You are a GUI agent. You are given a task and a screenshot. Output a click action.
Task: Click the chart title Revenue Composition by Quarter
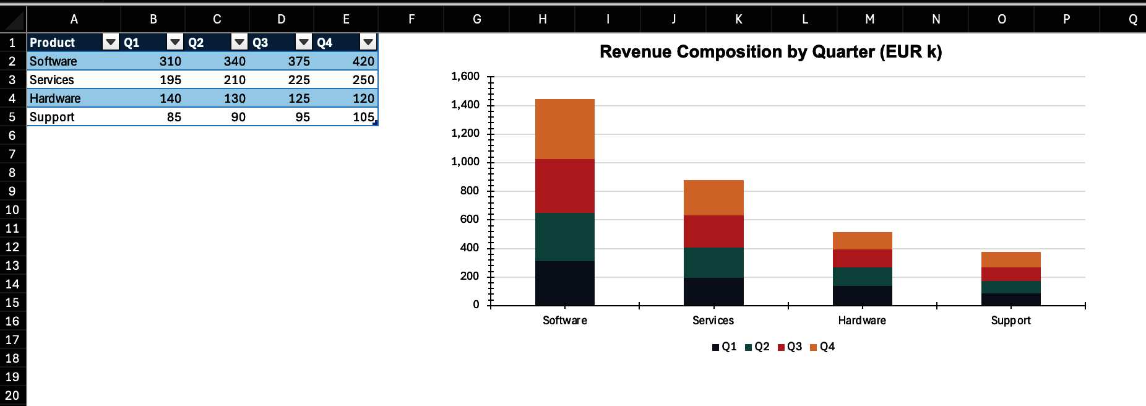point(770,52)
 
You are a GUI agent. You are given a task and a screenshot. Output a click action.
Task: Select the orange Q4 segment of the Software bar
point(564,129)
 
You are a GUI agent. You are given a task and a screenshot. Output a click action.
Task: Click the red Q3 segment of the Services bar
point(713,231)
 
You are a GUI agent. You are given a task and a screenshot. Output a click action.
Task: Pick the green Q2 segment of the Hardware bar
point(862,277)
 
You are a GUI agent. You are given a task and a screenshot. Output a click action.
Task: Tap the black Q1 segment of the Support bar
point(1010,300)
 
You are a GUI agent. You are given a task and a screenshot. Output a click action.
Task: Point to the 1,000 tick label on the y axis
point(465,162)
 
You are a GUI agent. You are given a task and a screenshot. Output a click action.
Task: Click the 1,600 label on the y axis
point(465,76)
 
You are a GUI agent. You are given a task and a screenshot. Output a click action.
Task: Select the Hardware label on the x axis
point(862,321)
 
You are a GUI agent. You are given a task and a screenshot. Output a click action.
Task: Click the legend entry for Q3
point(790,347)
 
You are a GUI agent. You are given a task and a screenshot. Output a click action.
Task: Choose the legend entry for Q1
point(725,347)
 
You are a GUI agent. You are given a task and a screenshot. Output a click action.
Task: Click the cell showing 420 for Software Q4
point(346,61)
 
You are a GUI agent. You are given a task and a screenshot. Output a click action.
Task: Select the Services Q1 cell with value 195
point(153,80)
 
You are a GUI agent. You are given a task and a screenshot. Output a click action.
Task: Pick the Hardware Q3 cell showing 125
point(282,98)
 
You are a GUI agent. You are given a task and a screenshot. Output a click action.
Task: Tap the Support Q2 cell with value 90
point(217,117)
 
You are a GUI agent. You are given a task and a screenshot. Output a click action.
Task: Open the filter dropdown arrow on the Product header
point(111,42)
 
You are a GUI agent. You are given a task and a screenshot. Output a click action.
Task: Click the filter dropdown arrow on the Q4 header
point(368,42)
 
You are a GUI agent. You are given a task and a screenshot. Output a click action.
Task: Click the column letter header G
point(476,19)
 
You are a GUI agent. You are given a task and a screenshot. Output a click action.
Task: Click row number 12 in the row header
point(12,247)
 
